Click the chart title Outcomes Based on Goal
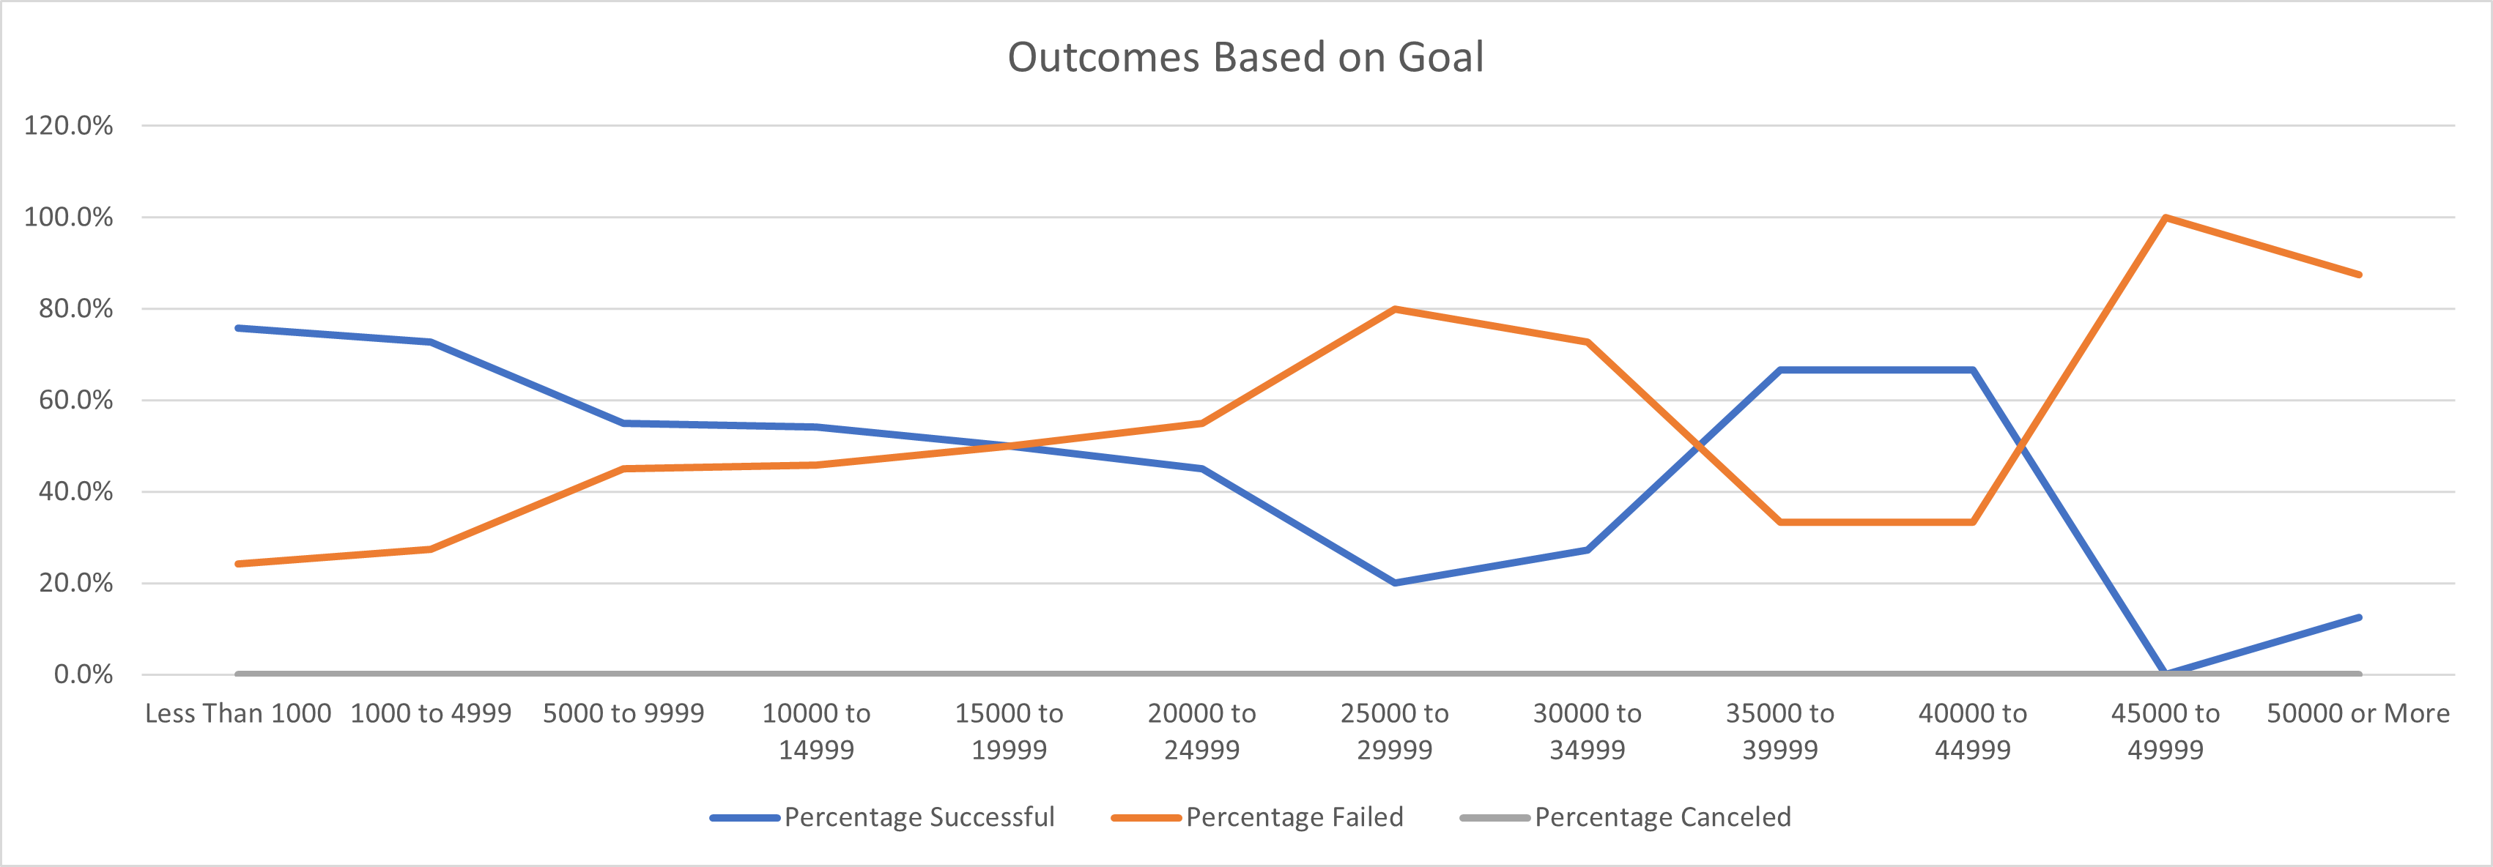[x=1245, y=57]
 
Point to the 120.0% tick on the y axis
[x=67, y=126]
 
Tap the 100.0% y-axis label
[x=67, y=217]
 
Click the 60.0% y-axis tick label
[x=75, y=400]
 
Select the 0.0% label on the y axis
[x=84, y=674]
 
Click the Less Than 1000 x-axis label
[x=238, y=713]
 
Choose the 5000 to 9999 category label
[x=623, y=713]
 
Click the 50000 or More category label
[x=2358, y=713]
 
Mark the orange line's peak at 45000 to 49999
[x=2165, y=217]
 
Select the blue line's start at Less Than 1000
[x=238, y=328]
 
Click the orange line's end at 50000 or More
[x=2358, y=275]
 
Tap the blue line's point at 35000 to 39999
[x=1779, y=370]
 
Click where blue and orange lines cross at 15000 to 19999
[x=1010, y=446]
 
